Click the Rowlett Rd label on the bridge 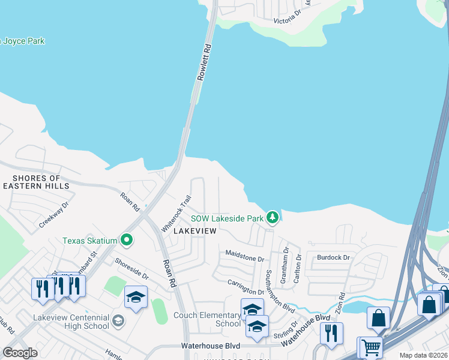(205, 62)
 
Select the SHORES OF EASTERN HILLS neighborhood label (37, 182)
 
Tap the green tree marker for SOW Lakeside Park (273, 217)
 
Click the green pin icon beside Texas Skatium (126, 241)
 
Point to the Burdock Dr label (333, 257)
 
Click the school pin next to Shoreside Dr (136, 297)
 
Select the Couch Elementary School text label (207, 319)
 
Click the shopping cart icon (372, 347)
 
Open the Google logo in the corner (20, 353)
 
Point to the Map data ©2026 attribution (423, 355)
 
